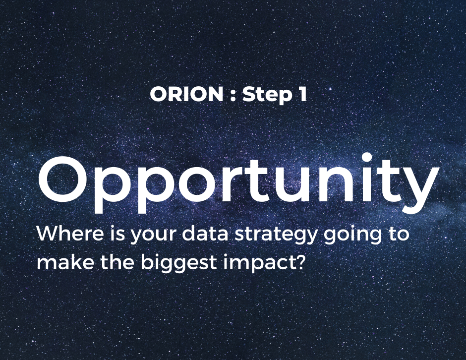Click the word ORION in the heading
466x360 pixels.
click(x=186, y=94)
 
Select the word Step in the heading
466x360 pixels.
click(x=267, y=95)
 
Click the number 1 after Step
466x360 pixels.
click(x=302, y=94)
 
